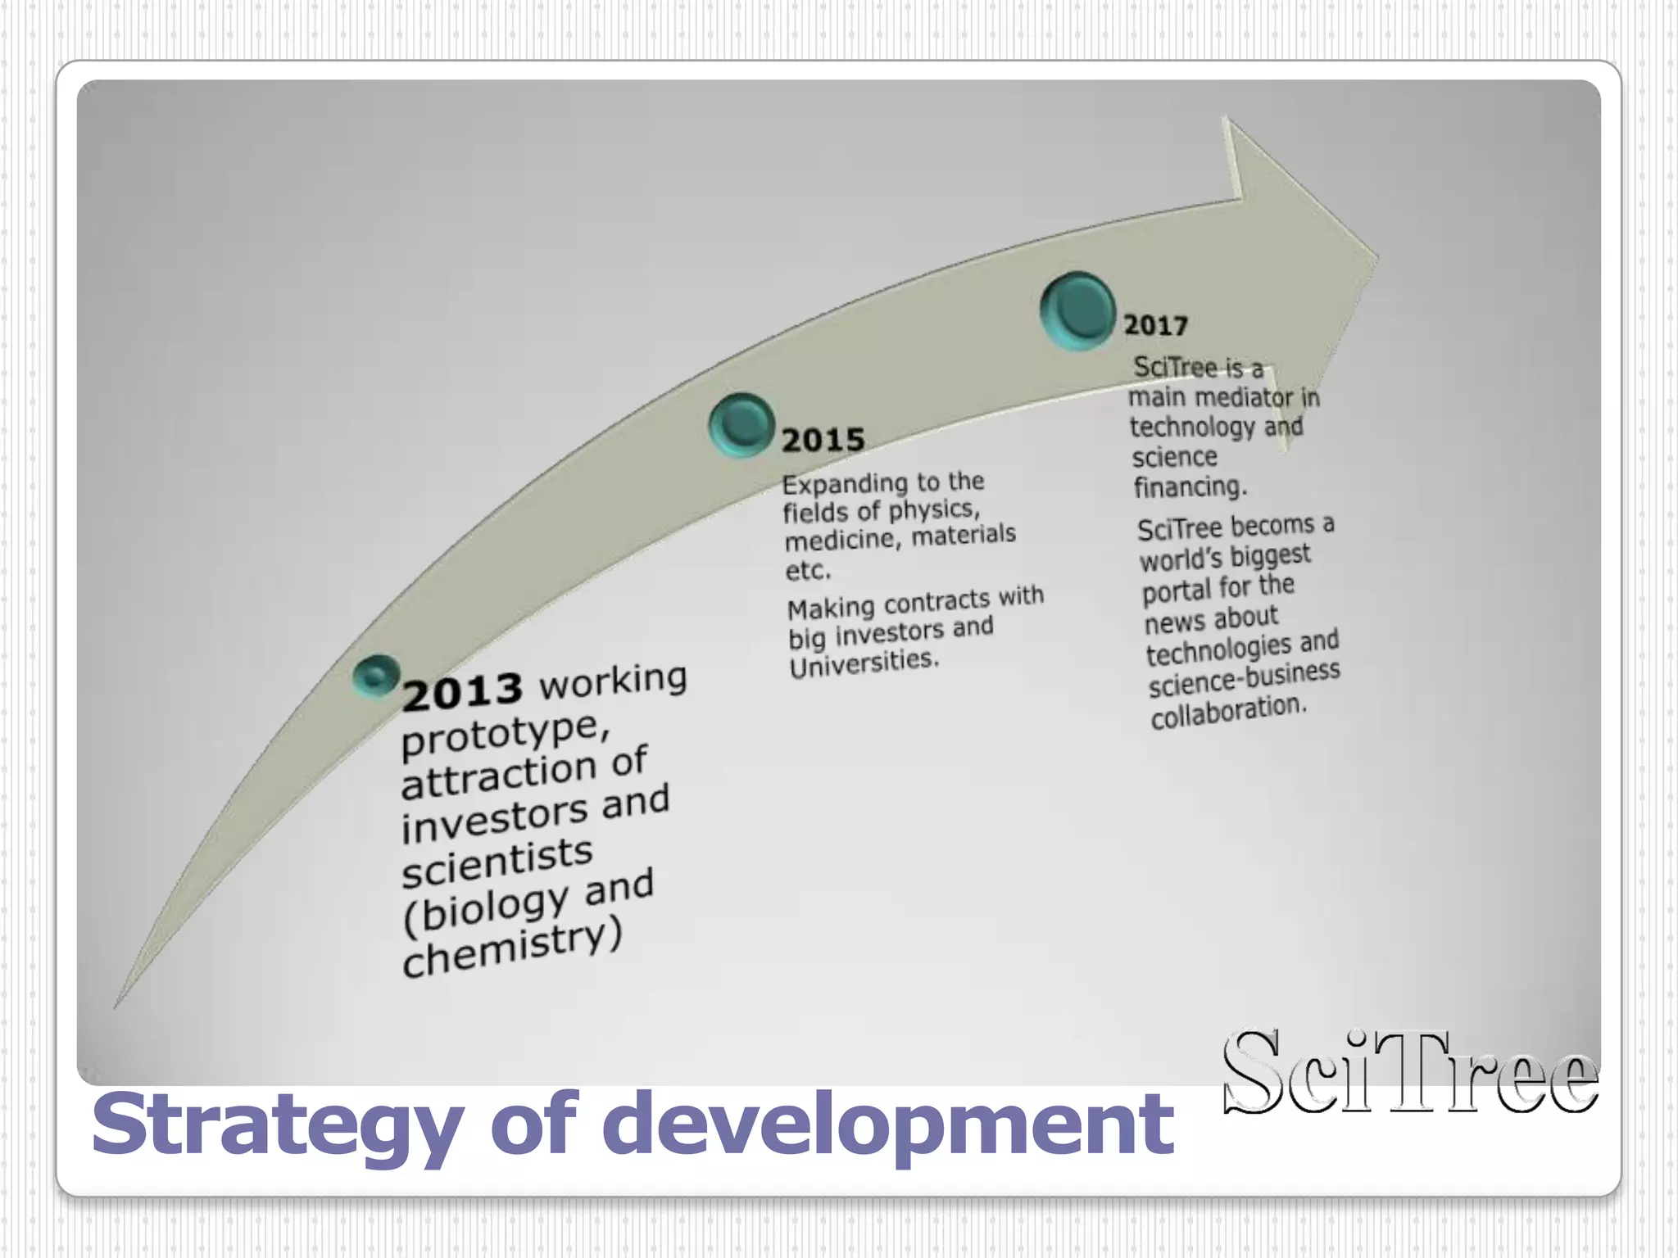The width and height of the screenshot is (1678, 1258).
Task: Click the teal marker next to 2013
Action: [x=376, y=677]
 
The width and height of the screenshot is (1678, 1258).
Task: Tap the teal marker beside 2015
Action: [x=741, y=424]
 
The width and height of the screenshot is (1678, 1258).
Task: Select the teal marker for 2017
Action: [x=1077, y=311]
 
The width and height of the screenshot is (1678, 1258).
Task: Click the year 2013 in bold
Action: [x=462, y=690]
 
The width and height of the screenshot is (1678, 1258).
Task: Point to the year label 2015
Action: [x=823, y=441]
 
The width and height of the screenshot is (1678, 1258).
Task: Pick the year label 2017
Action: [x=1155, y=326]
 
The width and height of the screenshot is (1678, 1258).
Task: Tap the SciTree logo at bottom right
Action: [x=1409, y=1073]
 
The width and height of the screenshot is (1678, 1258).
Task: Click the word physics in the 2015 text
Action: [x=934, y=511]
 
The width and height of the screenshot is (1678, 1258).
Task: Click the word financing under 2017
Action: [x=1190, y=487]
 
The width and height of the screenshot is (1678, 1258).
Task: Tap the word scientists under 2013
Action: [x=497, y=862]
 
